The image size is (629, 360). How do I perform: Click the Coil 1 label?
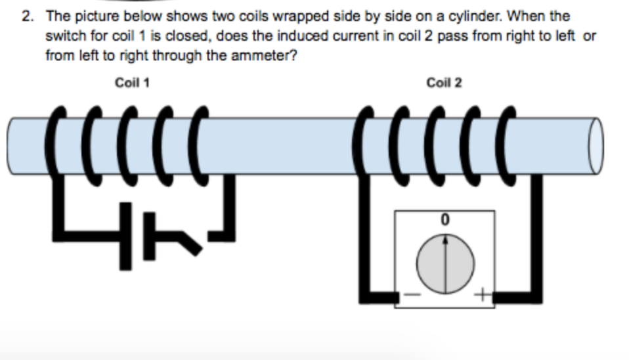[132, 83]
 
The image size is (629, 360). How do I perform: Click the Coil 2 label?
[444, 83]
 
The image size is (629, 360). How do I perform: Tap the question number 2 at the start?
[26, 16]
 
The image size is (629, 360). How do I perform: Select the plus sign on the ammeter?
[485, 296]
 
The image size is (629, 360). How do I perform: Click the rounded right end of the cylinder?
[595, 146]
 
